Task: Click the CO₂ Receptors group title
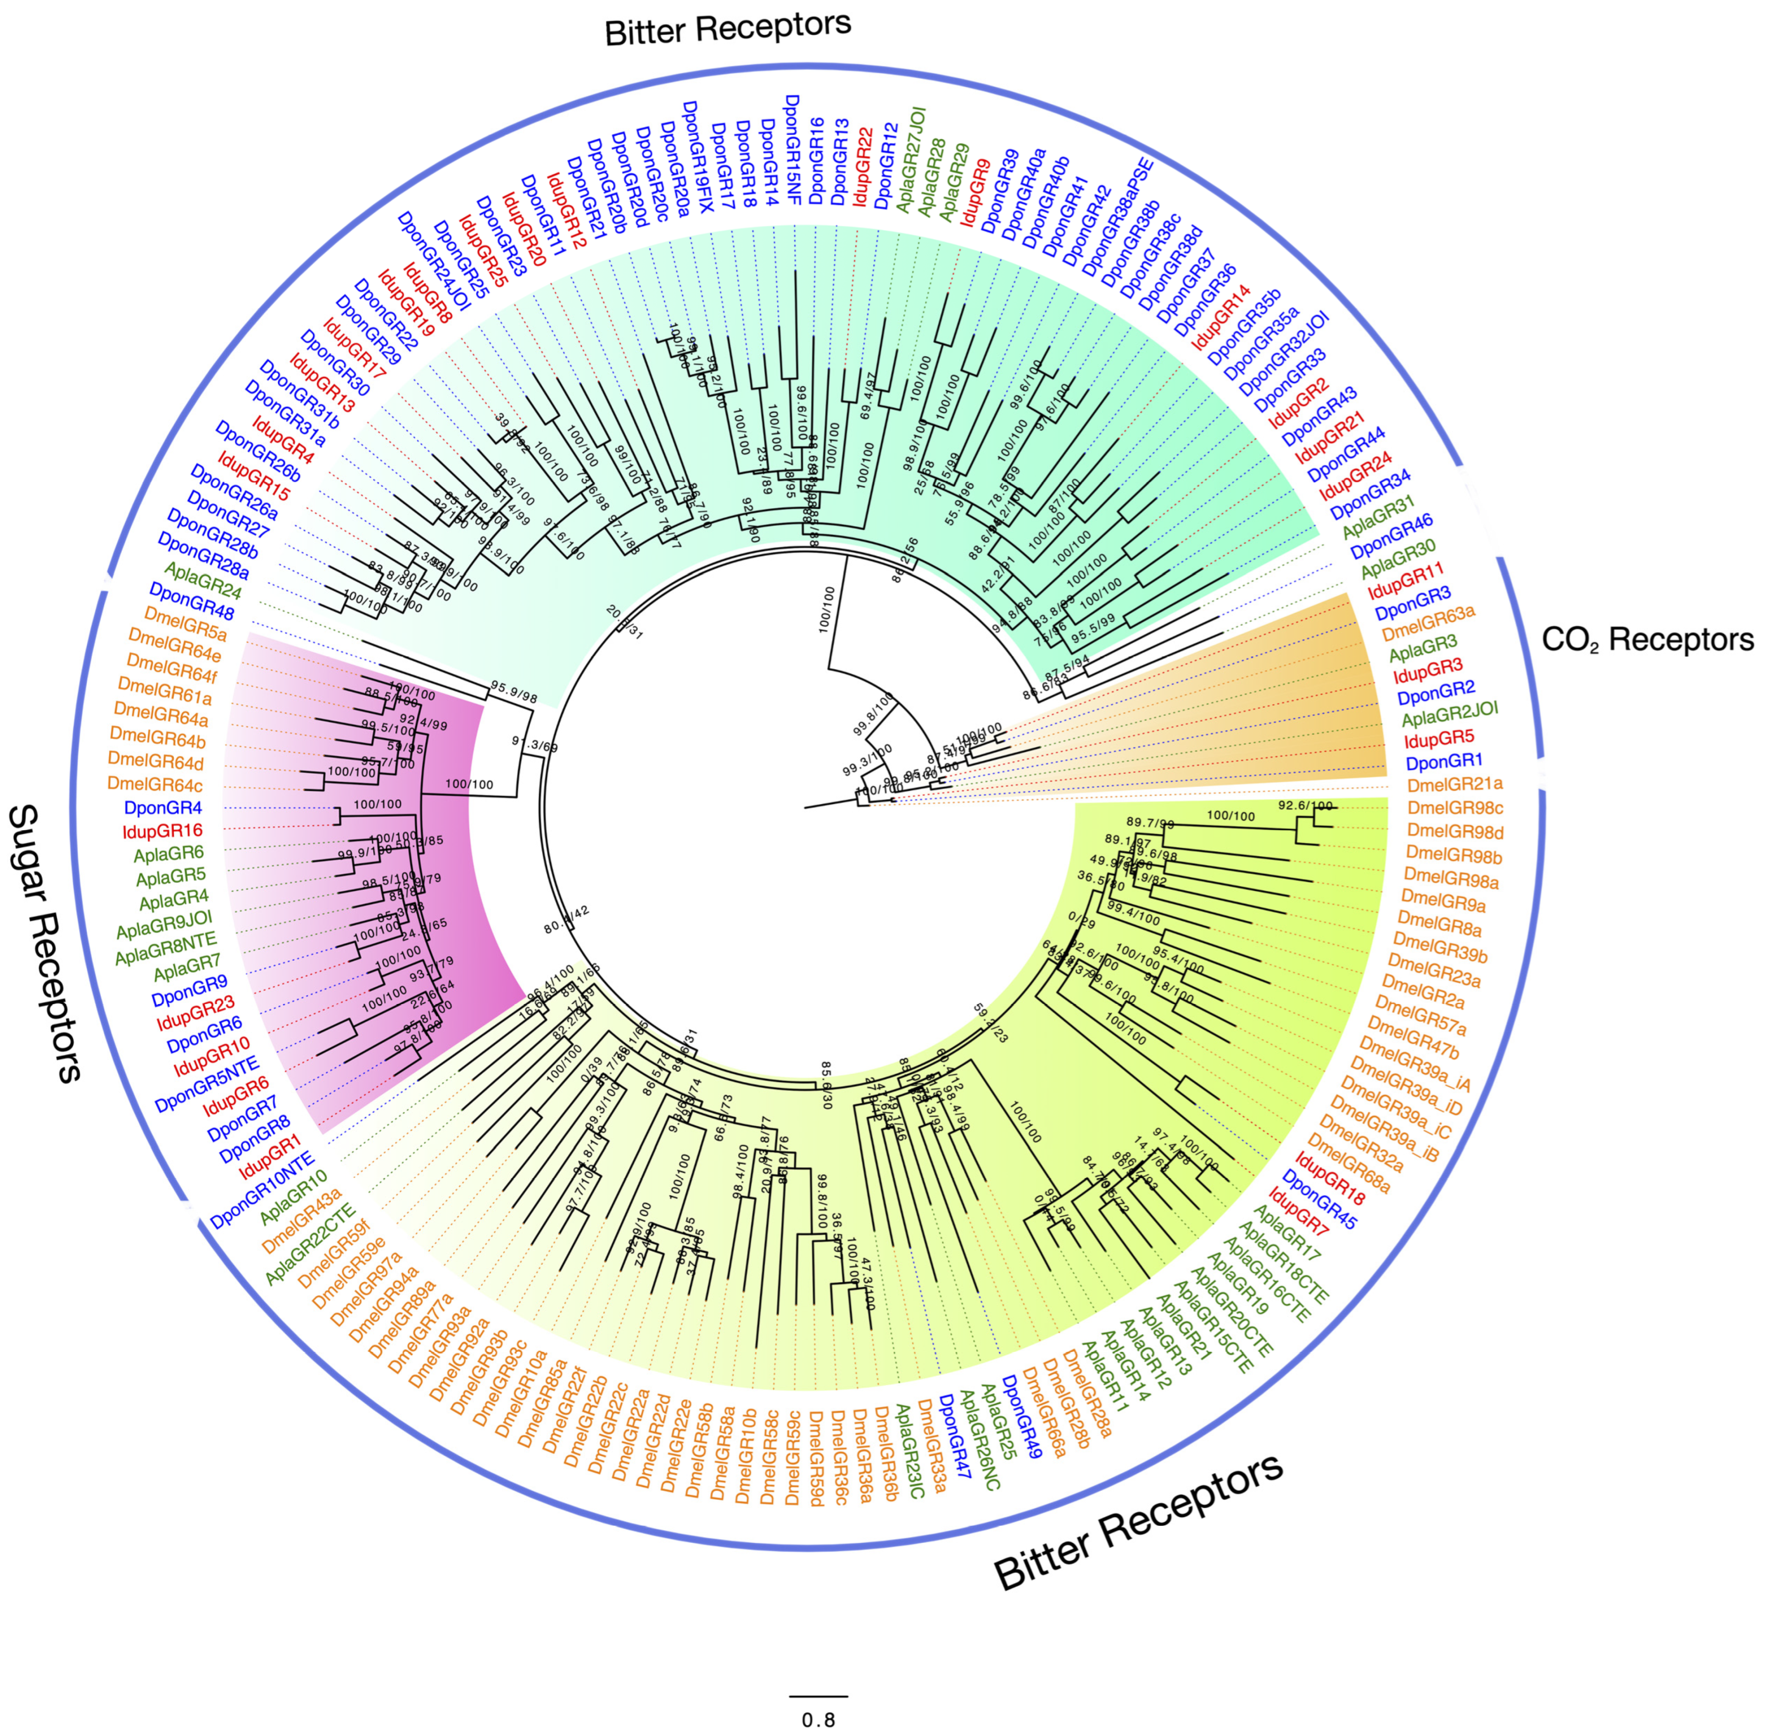[1647, 640]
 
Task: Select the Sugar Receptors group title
[45, 943]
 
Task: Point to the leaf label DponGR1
[1444, 760]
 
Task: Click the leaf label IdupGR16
[162, 831]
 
